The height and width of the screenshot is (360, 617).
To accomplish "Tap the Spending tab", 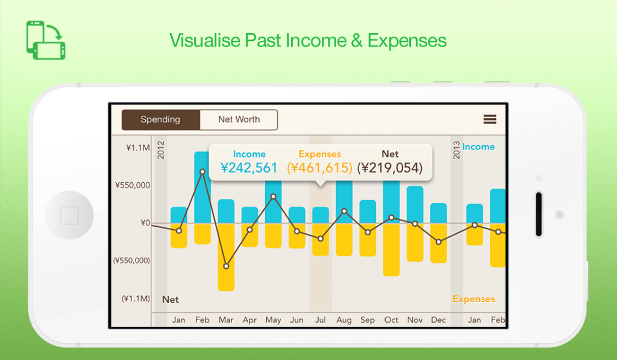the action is tap(160, 120).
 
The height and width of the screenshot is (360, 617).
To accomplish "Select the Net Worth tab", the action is tap(239, 120).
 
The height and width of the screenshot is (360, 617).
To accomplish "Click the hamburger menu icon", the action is tap(490, 119).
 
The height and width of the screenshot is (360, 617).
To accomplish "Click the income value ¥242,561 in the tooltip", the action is tap(249, 168).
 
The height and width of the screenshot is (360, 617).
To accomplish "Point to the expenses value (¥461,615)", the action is tap(319, 168).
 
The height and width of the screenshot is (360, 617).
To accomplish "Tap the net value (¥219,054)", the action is tap(390, 168).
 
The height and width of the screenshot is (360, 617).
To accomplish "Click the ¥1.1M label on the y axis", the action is tap(138, 148).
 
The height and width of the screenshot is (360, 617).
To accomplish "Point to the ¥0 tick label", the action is tap(145, 223).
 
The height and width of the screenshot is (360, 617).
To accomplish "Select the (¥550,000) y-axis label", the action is tap(132, 261).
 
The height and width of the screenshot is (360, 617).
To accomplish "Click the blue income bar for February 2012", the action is tap(202, 188).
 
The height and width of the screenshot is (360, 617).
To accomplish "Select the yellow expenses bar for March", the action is tap(226, 257).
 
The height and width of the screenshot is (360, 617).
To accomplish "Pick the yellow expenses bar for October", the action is tap(391, 250).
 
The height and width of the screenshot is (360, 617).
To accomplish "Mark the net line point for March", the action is tap(227, 267).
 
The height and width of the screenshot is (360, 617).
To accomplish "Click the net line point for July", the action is tap(321, 239).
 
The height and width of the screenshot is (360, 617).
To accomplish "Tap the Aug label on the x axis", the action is tap(344, 320).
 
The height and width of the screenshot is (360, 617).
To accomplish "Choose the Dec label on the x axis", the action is tap(439, 320).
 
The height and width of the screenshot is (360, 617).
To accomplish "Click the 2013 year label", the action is tap(457, 150).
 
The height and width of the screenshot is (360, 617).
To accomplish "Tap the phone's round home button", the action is tap(69, 215).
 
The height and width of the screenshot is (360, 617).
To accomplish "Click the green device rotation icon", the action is tap(46, 40).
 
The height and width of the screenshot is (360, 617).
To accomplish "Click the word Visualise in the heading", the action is tap(205, 40).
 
